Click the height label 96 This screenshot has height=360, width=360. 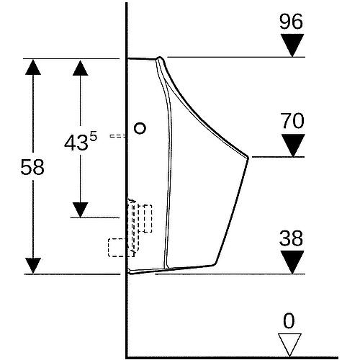click(291, 22)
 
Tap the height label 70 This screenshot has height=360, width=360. click(292, 121)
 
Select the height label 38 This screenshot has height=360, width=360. click(291, 238)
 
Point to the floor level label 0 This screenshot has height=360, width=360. click(289, 320)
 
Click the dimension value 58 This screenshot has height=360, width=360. click(32, 167)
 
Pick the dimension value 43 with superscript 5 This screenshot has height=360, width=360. click(81, 142)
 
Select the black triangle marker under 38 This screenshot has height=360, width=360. click(292, 262)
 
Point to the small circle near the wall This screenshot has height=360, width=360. click(140, 128)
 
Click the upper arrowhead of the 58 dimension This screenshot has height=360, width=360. click(33, 67)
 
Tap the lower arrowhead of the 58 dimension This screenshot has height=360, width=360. click(33, 266)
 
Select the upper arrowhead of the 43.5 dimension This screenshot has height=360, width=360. click(80, 68)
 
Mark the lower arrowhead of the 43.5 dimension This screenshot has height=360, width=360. click(80, 210)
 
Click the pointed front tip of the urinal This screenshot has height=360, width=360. click(248, 158)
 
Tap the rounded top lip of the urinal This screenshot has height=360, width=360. click(160, 58)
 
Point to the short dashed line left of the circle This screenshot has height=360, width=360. click(117, 136)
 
